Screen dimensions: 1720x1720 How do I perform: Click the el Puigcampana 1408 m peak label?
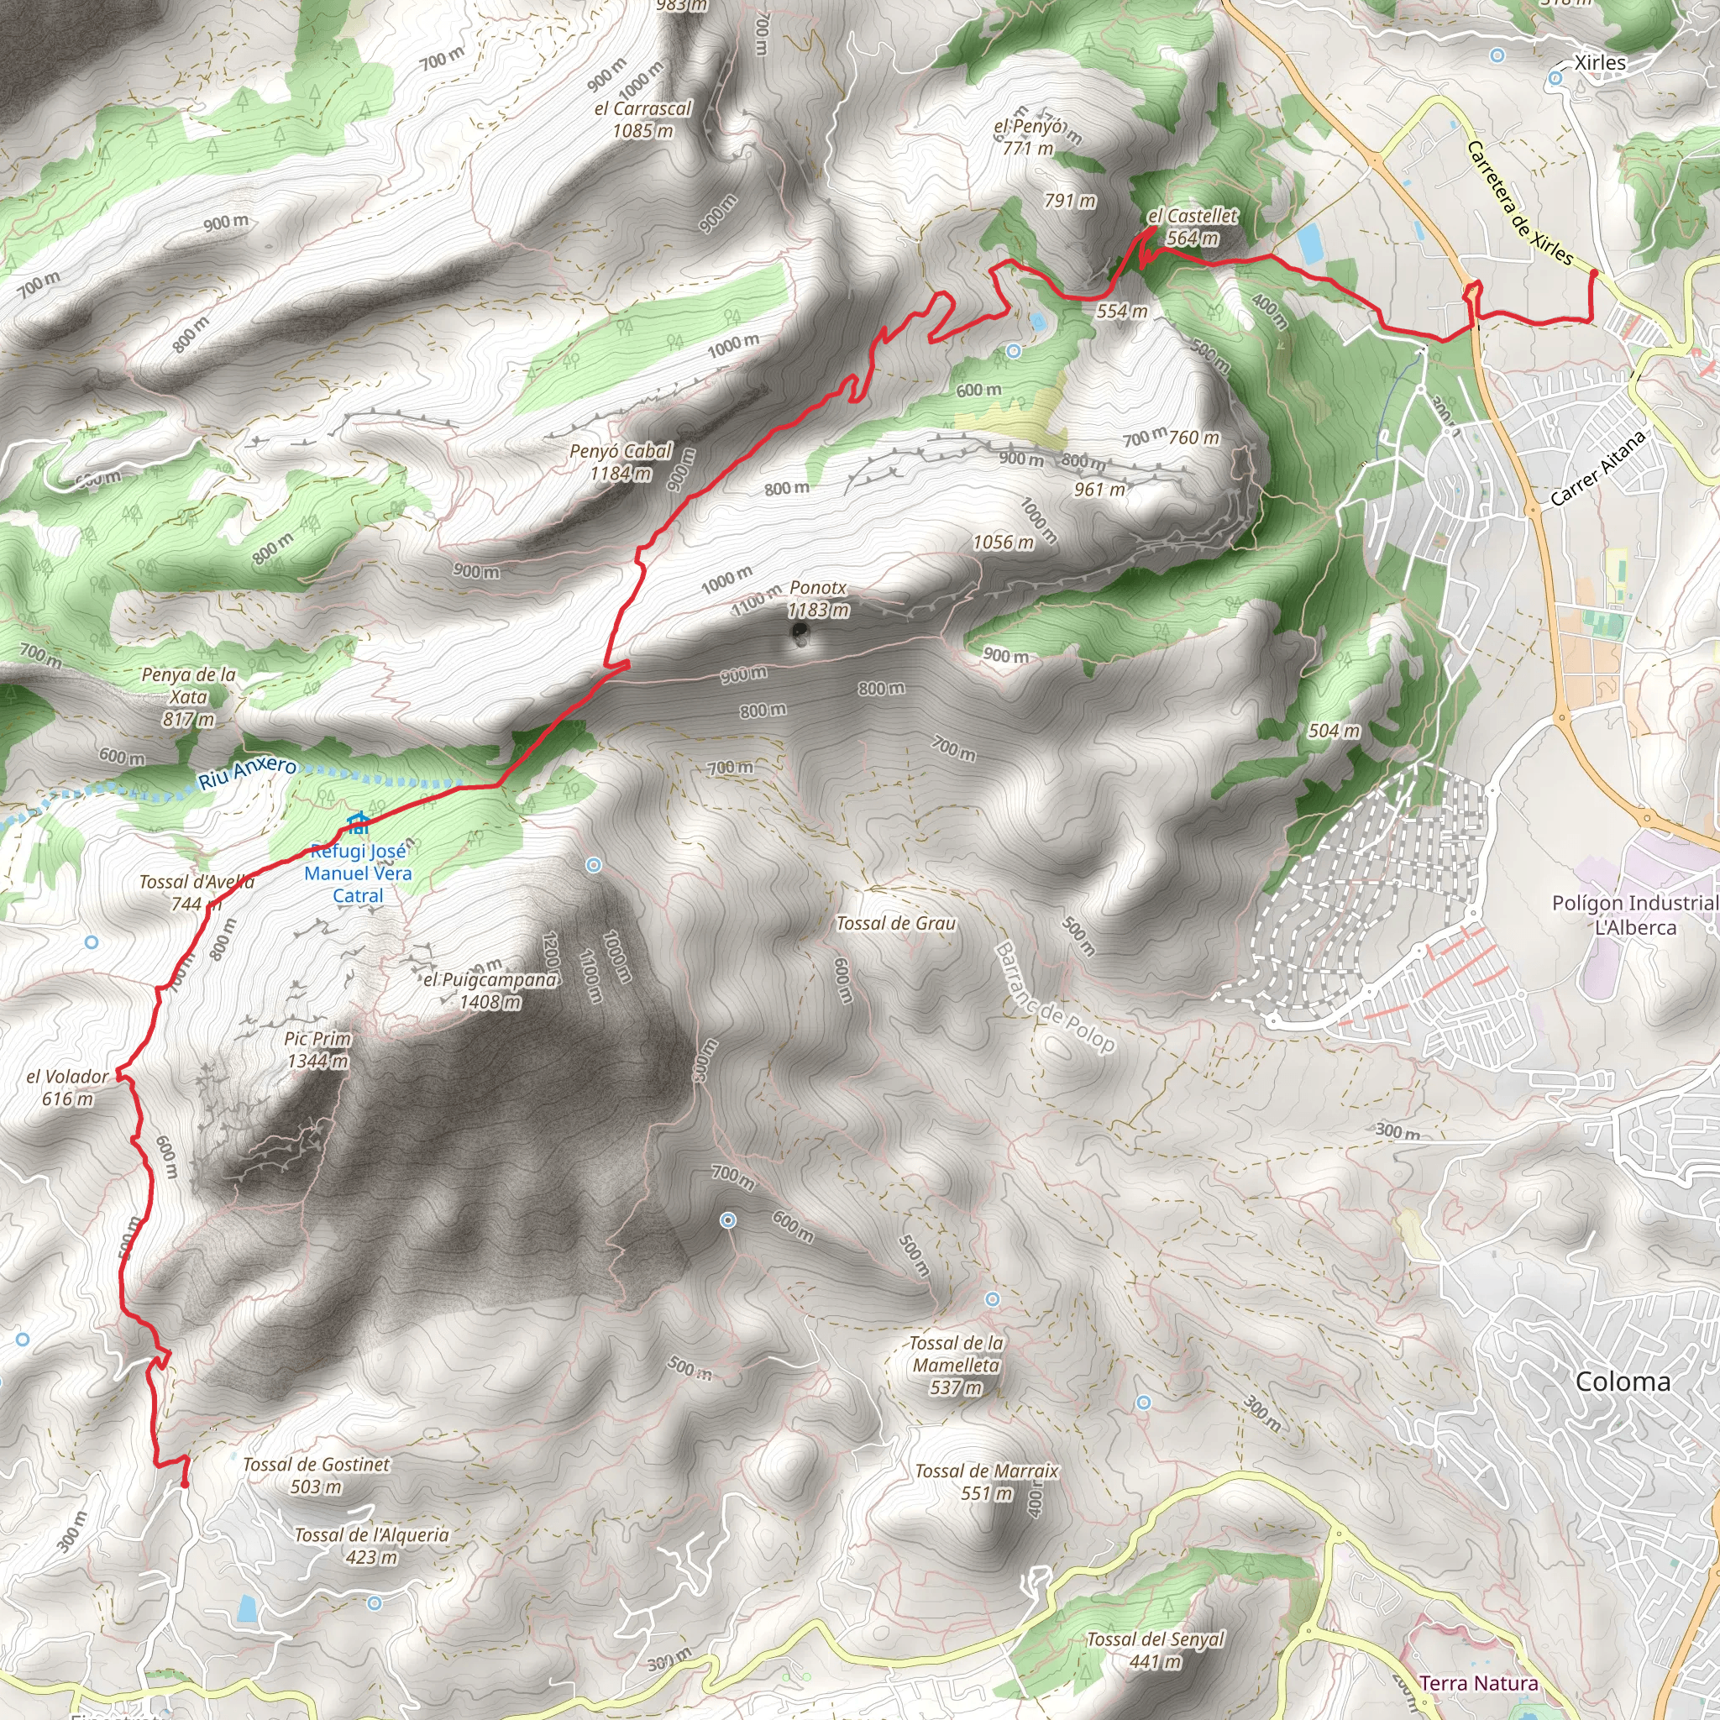(x=490, y=990)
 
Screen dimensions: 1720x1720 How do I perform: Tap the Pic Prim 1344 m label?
(x=317, y=1050)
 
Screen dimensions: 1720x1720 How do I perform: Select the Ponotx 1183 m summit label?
(x=818, y=598)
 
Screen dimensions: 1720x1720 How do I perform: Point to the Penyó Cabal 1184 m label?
(x=621, y=462)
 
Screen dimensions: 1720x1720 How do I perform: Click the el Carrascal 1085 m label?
(x=642, y=119)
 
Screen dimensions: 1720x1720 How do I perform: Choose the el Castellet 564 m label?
(x=1192, y=226)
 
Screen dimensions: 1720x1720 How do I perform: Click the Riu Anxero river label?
(x=247, y=772)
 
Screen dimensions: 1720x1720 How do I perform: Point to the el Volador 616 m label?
(x=68, y=1087)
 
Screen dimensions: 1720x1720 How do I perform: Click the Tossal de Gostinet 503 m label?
(x=316, y=1475)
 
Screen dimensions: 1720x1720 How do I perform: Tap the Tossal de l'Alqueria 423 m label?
(x=371, y=1545)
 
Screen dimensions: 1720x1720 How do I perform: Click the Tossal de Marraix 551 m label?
(x=987, y=1481)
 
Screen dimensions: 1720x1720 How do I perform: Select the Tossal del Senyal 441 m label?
(x=1156, y=1649)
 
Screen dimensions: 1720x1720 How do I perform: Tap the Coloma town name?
(x=1623, y=1382)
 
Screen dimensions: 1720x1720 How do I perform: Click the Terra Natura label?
(x=1479, y=1682)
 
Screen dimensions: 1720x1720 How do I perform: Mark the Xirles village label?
(x=1600, y=63)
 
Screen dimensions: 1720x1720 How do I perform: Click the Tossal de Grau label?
(x=895, y=923)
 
